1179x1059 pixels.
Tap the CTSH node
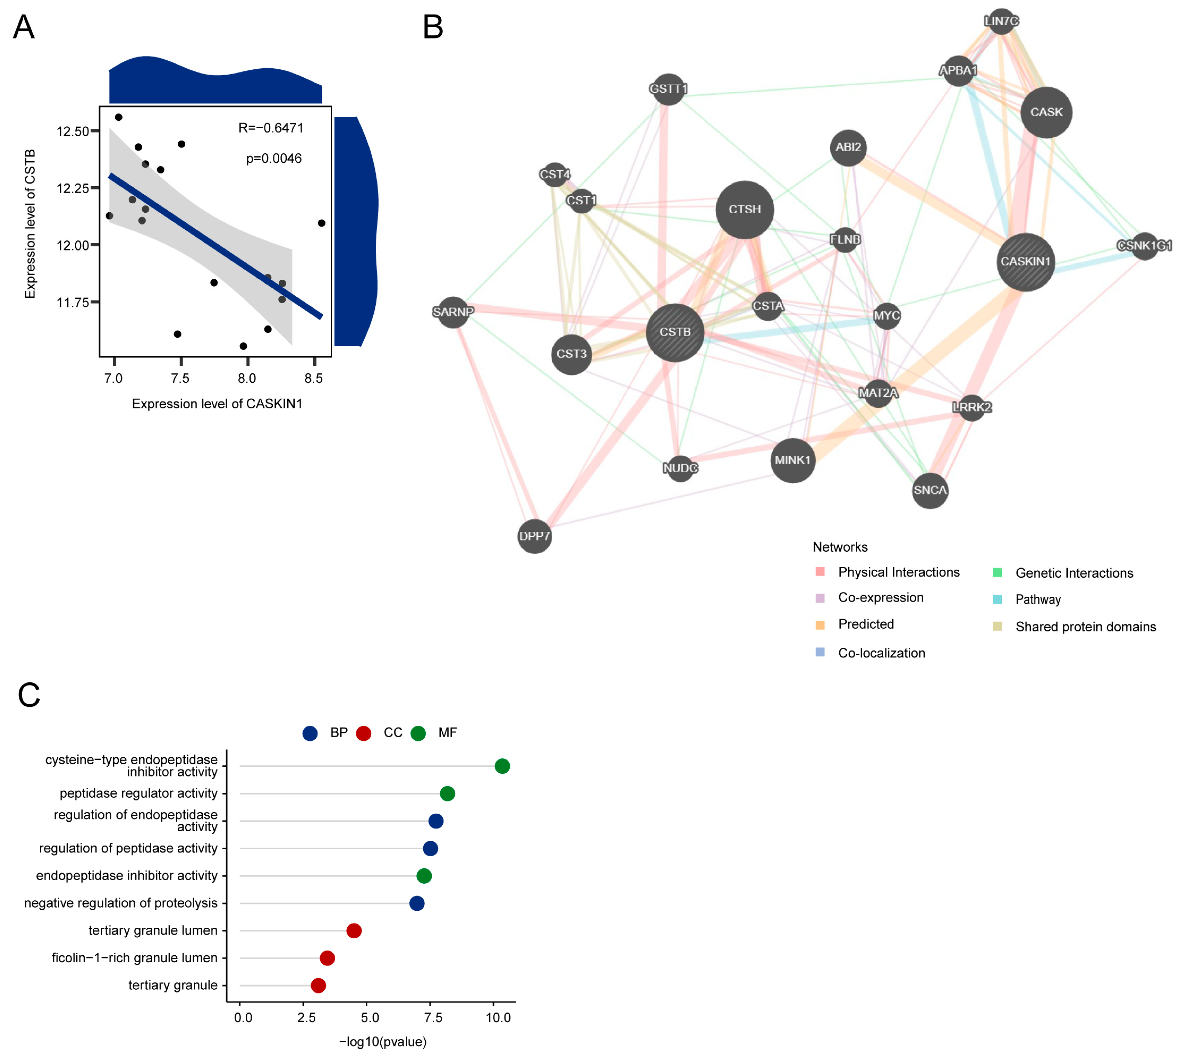pyautogui.click(x=744, y=210)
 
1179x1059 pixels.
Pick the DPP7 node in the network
pyautogui.click(x=534, y=536)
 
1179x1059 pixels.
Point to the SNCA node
pyautogui.click(x=929, y=490)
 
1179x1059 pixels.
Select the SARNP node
pyautogui.click(x=453, y=312)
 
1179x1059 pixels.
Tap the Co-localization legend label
pyautogui.click(x=881, y=653)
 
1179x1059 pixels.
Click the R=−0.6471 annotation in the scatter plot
pyautogui.click(x=271, y=128)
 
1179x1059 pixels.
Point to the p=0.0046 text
pyautogui.click(x=274, y=158)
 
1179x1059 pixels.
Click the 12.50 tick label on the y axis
pyautogui.click(x=73, y=132)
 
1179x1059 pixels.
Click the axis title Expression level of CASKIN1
pyautogui.click(x=217, y=404)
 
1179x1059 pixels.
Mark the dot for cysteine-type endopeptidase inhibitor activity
pyautogui.click(x=502, y=766)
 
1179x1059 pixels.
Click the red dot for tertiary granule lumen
pyautogui.click(x=354, y=930)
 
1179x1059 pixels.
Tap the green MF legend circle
pyautogui.click(x=418, y=733)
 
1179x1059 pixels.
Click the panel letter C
pyautogui.click(x=29, y=695)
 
